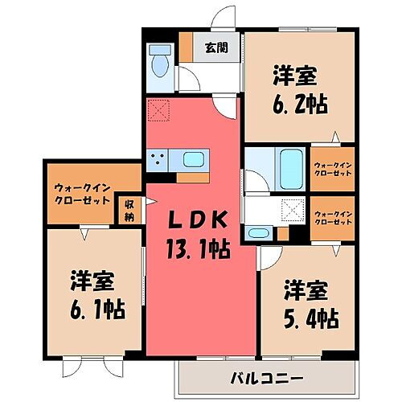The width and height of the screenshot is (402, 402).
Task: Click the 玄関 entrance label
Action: pyautogui.click(x=215, y=47)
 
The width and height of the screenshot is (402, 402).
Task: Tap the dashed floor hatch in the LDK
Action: pyautogui.click(x=158, y=111)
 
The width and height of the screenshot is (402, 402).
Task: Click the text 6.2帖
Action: pyautogui.click(x=297, y=105)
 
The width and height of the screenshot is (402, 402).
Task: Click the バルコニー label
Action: pyautogui.click(x=269, y=377)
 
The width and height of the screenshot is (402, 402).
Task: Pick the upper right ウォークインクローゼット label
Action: pyautogui.click(x=333, y=168)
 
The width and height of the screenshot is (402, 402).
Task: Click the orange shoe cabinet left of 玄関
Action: pyautogui.click(x=187, y=47)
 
